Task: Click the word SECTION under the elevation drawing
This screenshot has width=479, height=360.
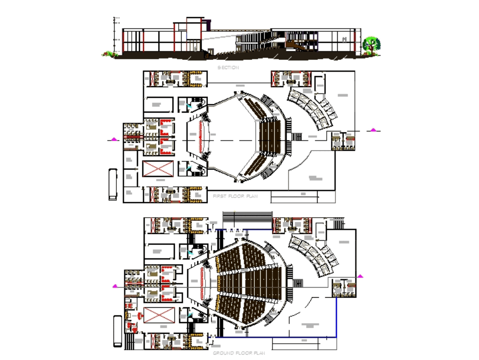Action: [x=228, y=68]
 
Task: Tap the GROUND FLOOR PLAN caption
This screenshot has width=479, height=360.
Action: [x=239, y=353]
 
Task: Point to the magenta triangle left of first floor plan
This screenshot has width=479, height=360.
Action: [x=114, y=139]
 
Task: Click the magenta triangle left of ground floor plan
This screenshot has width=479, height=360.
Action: [x=114, y=286]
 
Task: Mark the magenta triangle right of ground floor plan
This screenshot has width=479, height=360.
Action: [x=360, y=276]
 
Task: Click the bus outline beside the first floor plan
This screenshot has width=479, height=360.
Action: [x=113, y=184]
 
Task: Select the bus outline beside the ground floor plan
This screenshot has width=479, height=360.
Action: [x=117, y=331]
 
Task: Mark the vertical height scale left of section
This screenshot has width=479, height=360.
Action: [x=114, y=34]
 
